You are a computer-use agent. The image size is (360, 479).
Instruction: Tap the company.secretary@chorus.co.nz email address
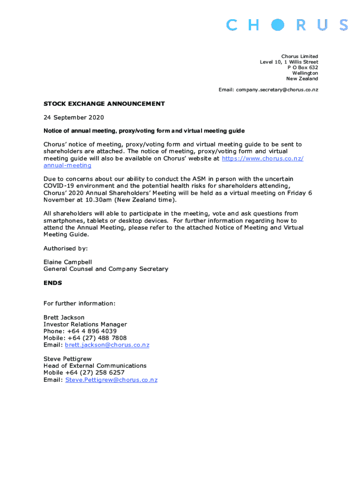277,89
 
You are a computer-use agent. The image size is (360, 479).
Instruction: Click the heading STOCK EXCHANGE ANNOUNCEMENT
104,104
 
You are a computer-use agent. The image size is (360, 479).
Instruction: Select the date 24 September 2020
73,117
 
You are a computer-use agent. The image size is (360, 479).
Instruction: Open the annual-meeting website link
67,166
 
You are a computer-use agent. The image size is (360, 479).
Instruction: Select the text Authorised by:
65,248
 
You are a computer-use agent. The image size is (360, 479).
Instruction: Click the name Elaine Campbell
68,262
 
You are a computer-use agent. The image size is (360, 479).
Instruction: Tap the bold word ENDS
52,283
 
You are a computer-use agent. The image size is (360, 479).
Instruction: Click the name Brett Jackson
64,317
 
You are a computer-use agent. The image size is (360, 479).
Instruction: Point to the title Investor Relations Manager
85,324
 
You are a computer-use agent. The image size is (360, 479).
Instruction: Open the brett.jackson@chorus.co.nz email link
107,345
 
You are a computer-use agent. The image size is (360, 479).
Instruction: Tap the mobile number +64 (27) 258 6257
96,373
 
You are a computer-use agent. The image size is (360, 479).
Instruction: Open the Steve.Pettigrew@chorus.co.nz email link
111,380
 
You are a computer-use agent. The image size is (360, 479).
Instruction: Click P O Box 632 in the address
302,67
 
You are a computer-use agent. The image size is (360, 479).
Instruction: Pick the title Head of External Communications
95,366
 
